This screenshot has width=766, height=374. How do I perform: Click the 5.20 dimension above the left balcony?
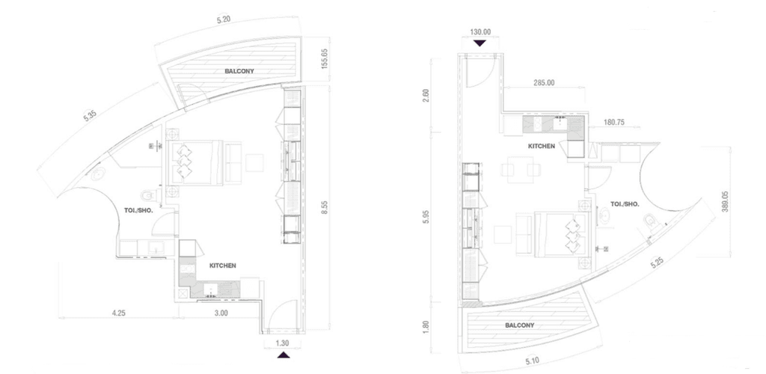[x=223, y=19]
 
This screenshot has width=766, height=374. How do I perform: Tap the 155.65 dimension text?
[x=325, y=59]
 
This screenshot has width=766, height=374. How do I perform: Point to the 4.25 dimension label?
[x=119, y=313]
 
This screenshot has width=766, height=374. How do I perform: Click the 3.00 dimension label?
[x=221, y=313]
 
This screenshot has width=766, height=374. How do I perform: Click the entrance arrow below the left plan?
[x=284, y=355]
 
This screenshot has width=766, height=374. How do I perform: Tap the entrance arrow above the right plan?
[x=479, y=43]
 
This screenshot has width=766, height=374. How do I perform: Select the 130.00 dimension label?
[x=480, y=32]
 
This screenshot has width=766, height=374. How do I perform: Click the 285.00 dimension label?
[x=545, y=83]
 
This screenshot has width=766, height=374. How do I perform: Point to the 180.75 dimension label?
[x=615, y=123]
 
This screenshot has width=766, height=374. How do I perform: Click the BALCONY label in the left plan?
[x=239, y=71]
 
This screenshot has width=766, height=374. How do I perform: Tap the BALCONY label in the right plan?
[x=520, y=325]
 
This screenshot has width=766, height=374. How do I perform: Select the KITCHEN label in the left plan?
[x=223, y=266]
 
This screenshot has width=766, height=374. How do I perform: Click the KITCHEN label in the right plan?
[x=542, y=146]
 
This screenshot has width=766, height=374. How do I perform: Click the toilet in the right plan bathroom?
[x=652, y=224]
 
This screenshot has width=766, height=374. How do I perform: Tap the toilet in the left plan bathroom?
[x=147, y=196]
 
